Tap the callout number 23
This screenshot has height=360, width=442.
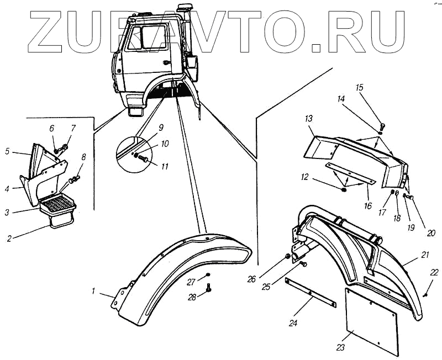tap(340, 348)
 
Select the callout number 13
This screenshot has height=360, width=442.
tap(308, 119)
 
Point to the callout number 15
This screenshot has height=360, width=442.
tap(360, 88)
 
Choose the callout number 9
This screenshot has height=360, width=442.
tap(161, 128)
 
